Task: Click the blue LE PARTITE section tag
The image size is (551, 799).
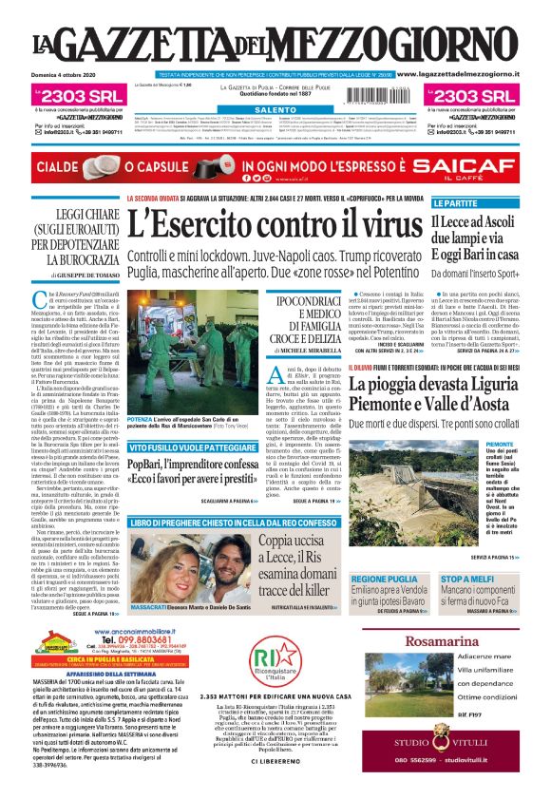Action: [455, 203]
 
